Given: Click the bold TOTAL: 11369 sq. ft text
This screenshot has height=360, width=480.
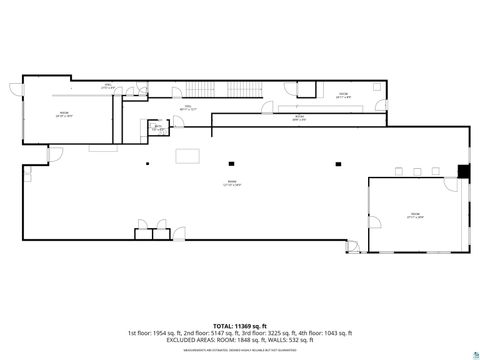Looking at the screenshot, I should coord(240,326).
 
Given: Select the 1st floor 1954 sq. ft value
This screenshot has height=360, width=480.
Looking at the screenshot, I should coord(155,333).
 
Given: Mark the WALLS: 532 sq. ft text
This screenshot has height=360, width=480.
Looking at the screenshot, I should coord(291,340).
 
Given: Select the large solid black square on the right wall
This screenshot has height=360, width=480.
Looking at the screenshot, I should coord(463,170).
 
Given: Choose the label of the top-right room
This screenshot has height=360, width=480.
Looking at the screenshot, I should coord(342,96).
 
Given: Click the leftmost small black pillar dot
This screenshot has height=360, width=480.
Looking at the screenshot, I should coord(147,163).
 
